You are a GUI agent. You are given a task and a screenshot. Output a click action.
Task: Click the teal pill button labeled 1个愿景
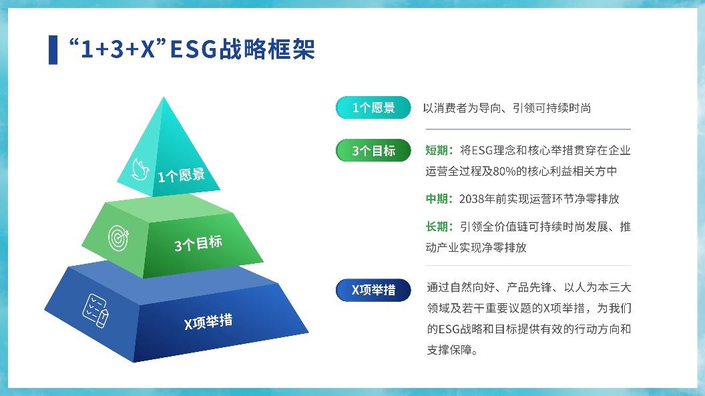(373, 108)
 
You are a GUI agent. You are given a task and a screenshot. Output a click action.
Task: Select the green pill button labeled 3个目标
(373, 150)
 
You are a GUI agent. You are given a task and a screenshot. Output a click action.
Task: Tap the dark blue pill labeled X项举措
(373, 290)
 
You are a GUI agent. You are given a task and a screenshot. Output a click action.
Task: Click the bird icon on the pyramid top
(140, 170)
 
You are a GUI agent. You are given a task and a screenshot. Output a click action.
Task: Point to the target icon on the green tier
(118, 238)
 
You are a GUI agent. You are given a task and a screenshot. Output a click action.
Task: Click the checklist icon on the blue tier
(95, 311)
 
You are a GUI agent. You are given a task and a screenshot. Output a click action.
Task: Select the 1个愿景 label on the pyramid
(181, 175)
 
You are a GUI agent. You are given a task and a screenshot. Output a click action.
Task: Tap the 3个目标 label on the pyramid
(198, 244)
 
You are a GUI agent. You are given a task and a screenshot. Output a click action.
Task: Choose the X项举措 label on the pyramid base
(208, 322)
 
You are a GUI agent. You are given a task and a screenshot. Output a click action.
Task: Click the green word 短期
(437, 150)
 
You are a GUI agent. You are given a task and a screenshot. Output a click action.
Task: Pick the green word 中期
(437, 199)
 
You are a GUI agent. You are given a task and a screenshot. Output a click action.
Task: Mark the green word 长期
(437, 226)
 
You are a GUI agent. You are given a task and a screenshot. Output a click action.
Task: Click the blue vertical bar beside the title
(53, 50)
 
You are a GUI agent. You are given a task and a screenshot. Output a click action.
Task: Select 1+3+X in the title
(117, 49)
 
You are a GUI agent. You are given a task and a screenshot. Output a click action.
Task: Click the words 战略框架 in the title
(267, 49)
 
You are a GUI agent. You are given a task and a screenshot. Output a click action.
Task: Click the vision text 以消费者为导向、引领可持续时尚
(507, 108)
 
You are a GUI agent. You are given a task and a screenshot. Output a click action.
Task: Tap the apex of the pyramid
(164, 97)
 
